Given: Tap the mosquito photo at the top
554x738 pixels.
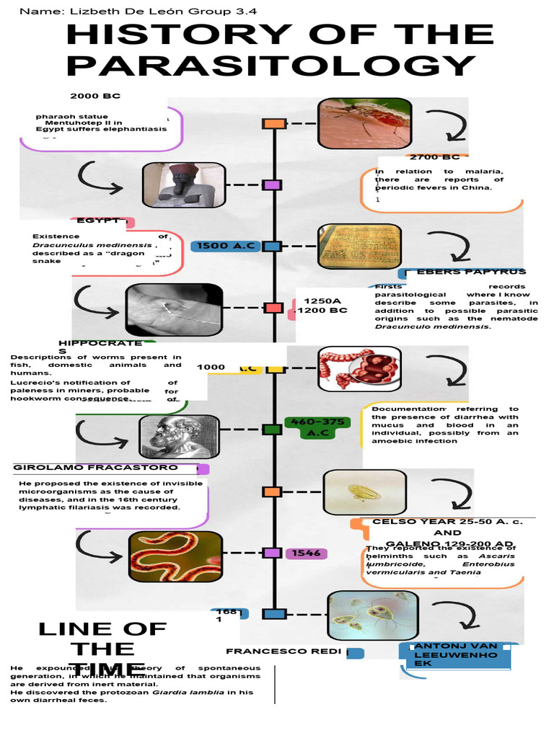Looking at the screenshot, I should click(x=365, y=123).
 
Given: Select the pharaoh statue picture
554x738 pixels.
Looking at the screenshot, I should click(x=184, y=185).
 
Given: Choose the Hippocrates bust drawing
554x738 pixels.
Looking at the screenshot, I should click(x=179, y=437).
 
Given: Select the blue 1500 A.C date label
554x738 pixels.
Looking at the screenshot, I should click(x=224, y=246).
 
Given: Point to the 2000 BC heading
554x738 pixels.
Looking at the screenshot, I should click(x=95, y=97).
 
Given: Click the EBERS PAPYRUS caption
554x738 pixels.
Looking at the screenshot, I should click(x=472, y=272).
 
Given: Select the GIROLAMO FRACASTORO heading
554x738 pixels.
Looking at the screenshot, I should click(x=95, y=468).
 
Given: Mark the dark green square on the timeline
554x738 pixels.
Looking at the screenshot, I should click(x=272, y=430).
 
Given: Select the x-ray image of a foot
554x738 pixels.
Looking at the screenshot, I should click(x=174, y=310).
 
